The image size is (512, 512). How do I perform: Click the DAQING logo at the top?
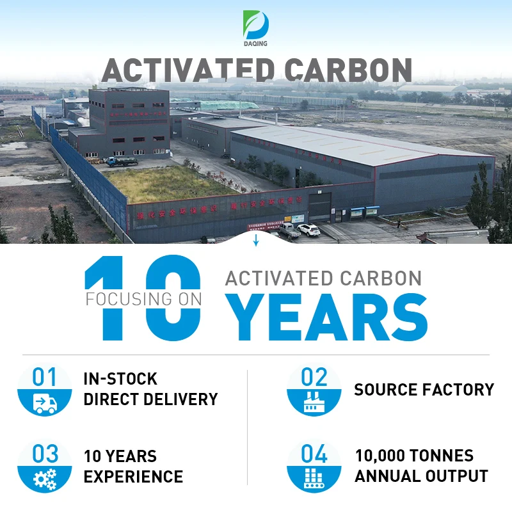point(256,27)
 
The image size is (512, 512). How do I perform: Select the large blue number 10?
point(143,298)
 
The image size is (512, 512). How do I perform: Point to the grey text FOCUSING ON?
point(144,299)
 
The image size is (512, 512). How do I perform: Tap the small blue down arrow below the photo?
point(256,241)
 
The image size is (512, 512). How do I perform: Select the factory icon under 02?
point(314,403)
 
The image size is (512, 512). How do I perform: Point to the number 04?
point(314,454)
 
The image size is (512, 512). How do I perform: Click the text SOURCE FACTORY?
point(424,390)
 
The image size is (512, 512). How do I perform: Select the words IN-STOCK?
point(120,379)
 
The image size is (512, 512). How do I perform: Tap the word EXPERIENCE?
point(133,477)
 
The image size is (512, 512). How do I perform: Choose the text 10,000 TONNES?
point(414,456)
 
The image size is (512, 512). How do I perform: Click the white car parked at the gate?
point(308,229)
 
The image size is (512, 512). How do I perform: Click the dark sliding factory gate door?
point(320,206)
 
